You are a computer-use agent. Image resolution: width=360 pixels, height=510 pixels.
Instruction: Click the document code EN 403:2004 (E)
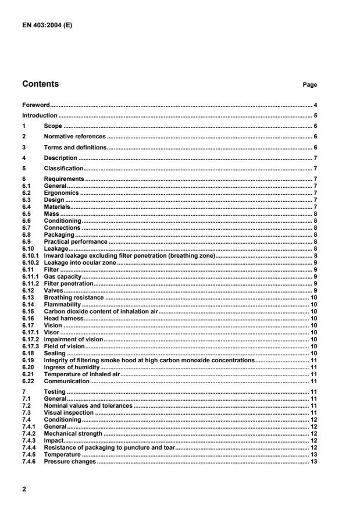47,25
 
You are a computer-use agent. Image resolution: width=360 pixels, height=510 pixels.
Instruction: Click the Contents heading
40,84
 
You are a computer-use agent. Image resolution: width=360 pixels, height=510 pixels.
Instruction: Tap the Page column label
309,85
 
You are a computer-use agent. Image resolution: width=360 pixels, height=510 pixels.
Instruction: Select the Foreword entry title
36,105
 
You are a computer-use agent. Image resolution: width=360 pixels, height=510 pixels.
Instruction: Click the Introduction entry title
40,116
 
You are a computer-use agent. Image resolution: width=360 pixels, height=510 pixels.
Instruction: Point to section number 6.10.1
31,255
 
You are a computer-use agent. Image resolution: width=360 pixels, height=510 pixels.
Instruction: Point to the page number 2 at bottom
24,490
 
